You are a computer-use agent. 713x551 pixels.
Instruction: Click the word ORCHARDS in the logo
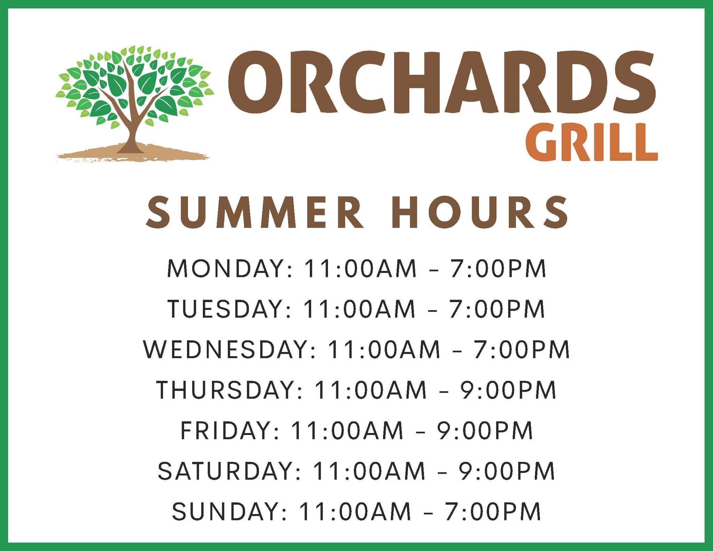pos(441,82)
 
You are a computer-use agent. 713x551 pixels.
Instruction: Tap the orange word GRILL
pos(591,142)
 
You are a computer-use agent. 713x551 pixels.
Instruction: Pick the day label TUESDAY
pos(225,309)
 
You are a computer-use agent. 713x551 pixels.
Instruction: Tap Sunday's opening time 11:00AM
pos(355,511)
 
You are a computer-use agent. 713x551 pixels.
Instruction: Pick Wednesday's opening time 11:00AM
pos(384,349)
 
